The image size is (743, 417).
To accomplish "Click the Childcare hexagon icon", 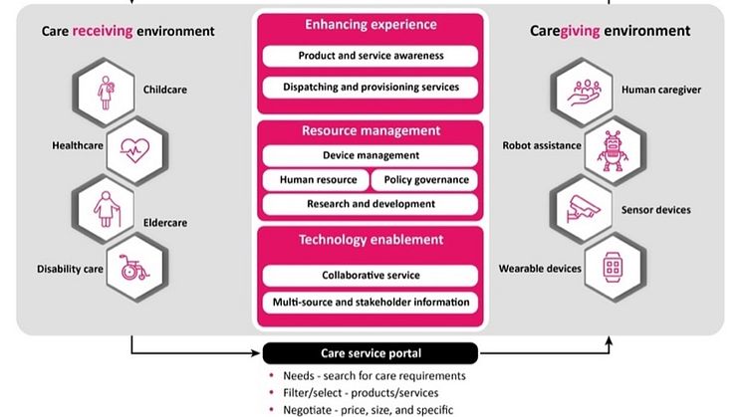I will click(x=103, y=92).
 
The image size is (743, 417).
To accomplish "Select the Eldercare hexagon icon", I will click(x=105, y=209).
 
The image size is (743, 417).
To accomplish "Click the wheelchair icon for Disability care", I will click(x=134, y=266).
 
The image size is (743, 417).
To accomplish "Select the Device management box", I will click(x=371, y=155).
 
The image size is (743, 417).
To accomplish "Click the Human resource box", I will click(x=314, y=180).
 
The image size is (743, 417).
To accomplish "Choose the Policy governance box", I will click(x=424, y=180).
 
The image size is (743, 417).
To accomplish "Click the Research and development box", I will click(x=371, y=204).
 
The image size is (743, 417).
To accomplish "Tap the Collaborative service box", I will click(x=371, y=276).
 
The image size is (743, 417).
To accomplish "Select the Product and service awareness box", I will click(x=371, y=56).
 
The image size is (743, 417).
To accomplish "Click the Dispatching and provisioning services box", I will click(x=371, y=87).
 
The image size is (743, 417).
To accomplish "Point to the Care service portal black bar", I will click(x=371, y=352).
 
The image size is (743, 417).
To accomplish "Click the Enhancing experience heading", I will click(x=371, y=22).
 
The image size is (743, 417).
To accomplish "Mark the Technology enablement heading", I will click(x=371, y=240).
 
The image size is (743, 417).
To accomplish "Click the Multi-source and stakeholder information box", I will click(x=371, y=302).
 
